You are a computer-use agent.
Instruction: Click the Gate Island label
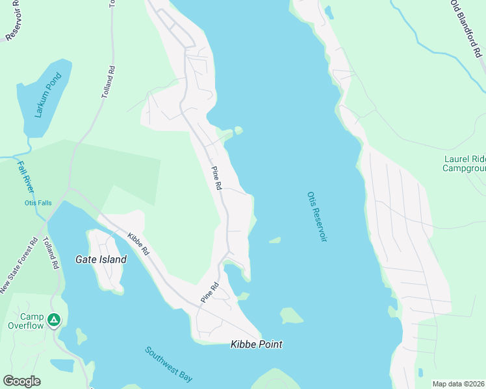pos(101,259)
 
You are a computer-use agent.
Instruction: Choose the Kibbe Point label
pos(257,344)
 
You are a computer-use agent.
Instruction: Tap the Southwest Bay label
pos(169,364)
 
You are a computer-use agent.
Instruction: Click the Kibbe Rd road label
pos(138,243)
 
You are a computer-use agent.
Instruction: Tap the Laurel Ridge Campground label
pos(464,163)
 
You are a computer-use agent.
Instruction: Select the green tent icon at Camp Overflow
pos(55,320)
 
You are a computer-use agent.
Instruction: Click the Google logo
pos(21,381)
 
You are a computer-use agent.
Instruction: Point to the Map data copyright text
pos(458,384)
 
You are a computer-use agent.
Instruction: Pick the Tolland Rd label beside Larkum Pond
pos(108,82)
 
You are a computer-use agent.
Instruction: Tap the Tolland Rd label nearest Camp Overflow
pos(51,252)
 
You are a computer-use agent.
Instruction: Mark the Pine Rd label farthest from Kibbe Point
pos(217,178)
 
